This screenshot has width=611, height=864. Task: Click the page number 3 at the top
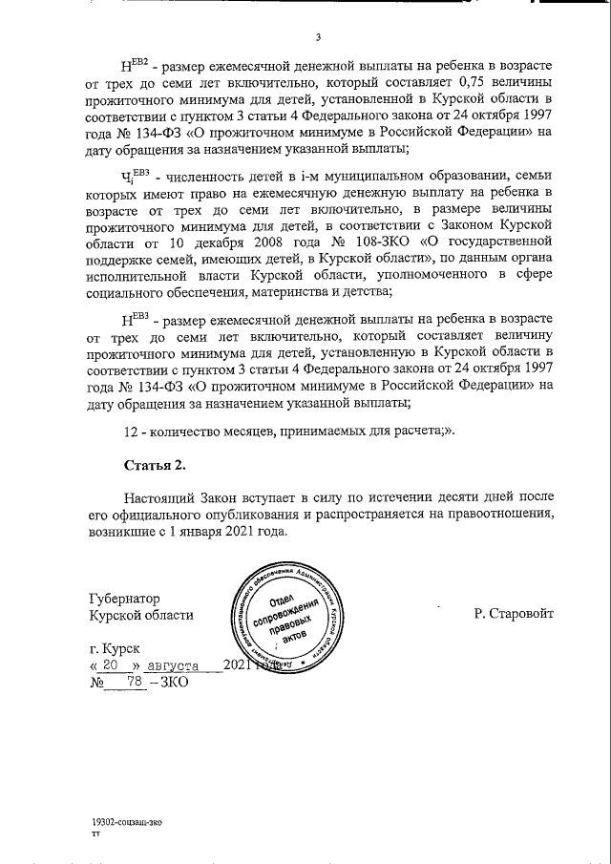click(319, 38)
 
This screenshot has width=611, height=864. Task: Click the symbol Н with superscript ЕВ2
click(137, 66)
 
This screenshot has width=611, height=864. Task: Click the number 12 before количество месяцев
click(133, 429)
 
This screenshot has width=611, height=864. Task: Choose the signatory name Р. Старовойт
click(513, 615)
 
